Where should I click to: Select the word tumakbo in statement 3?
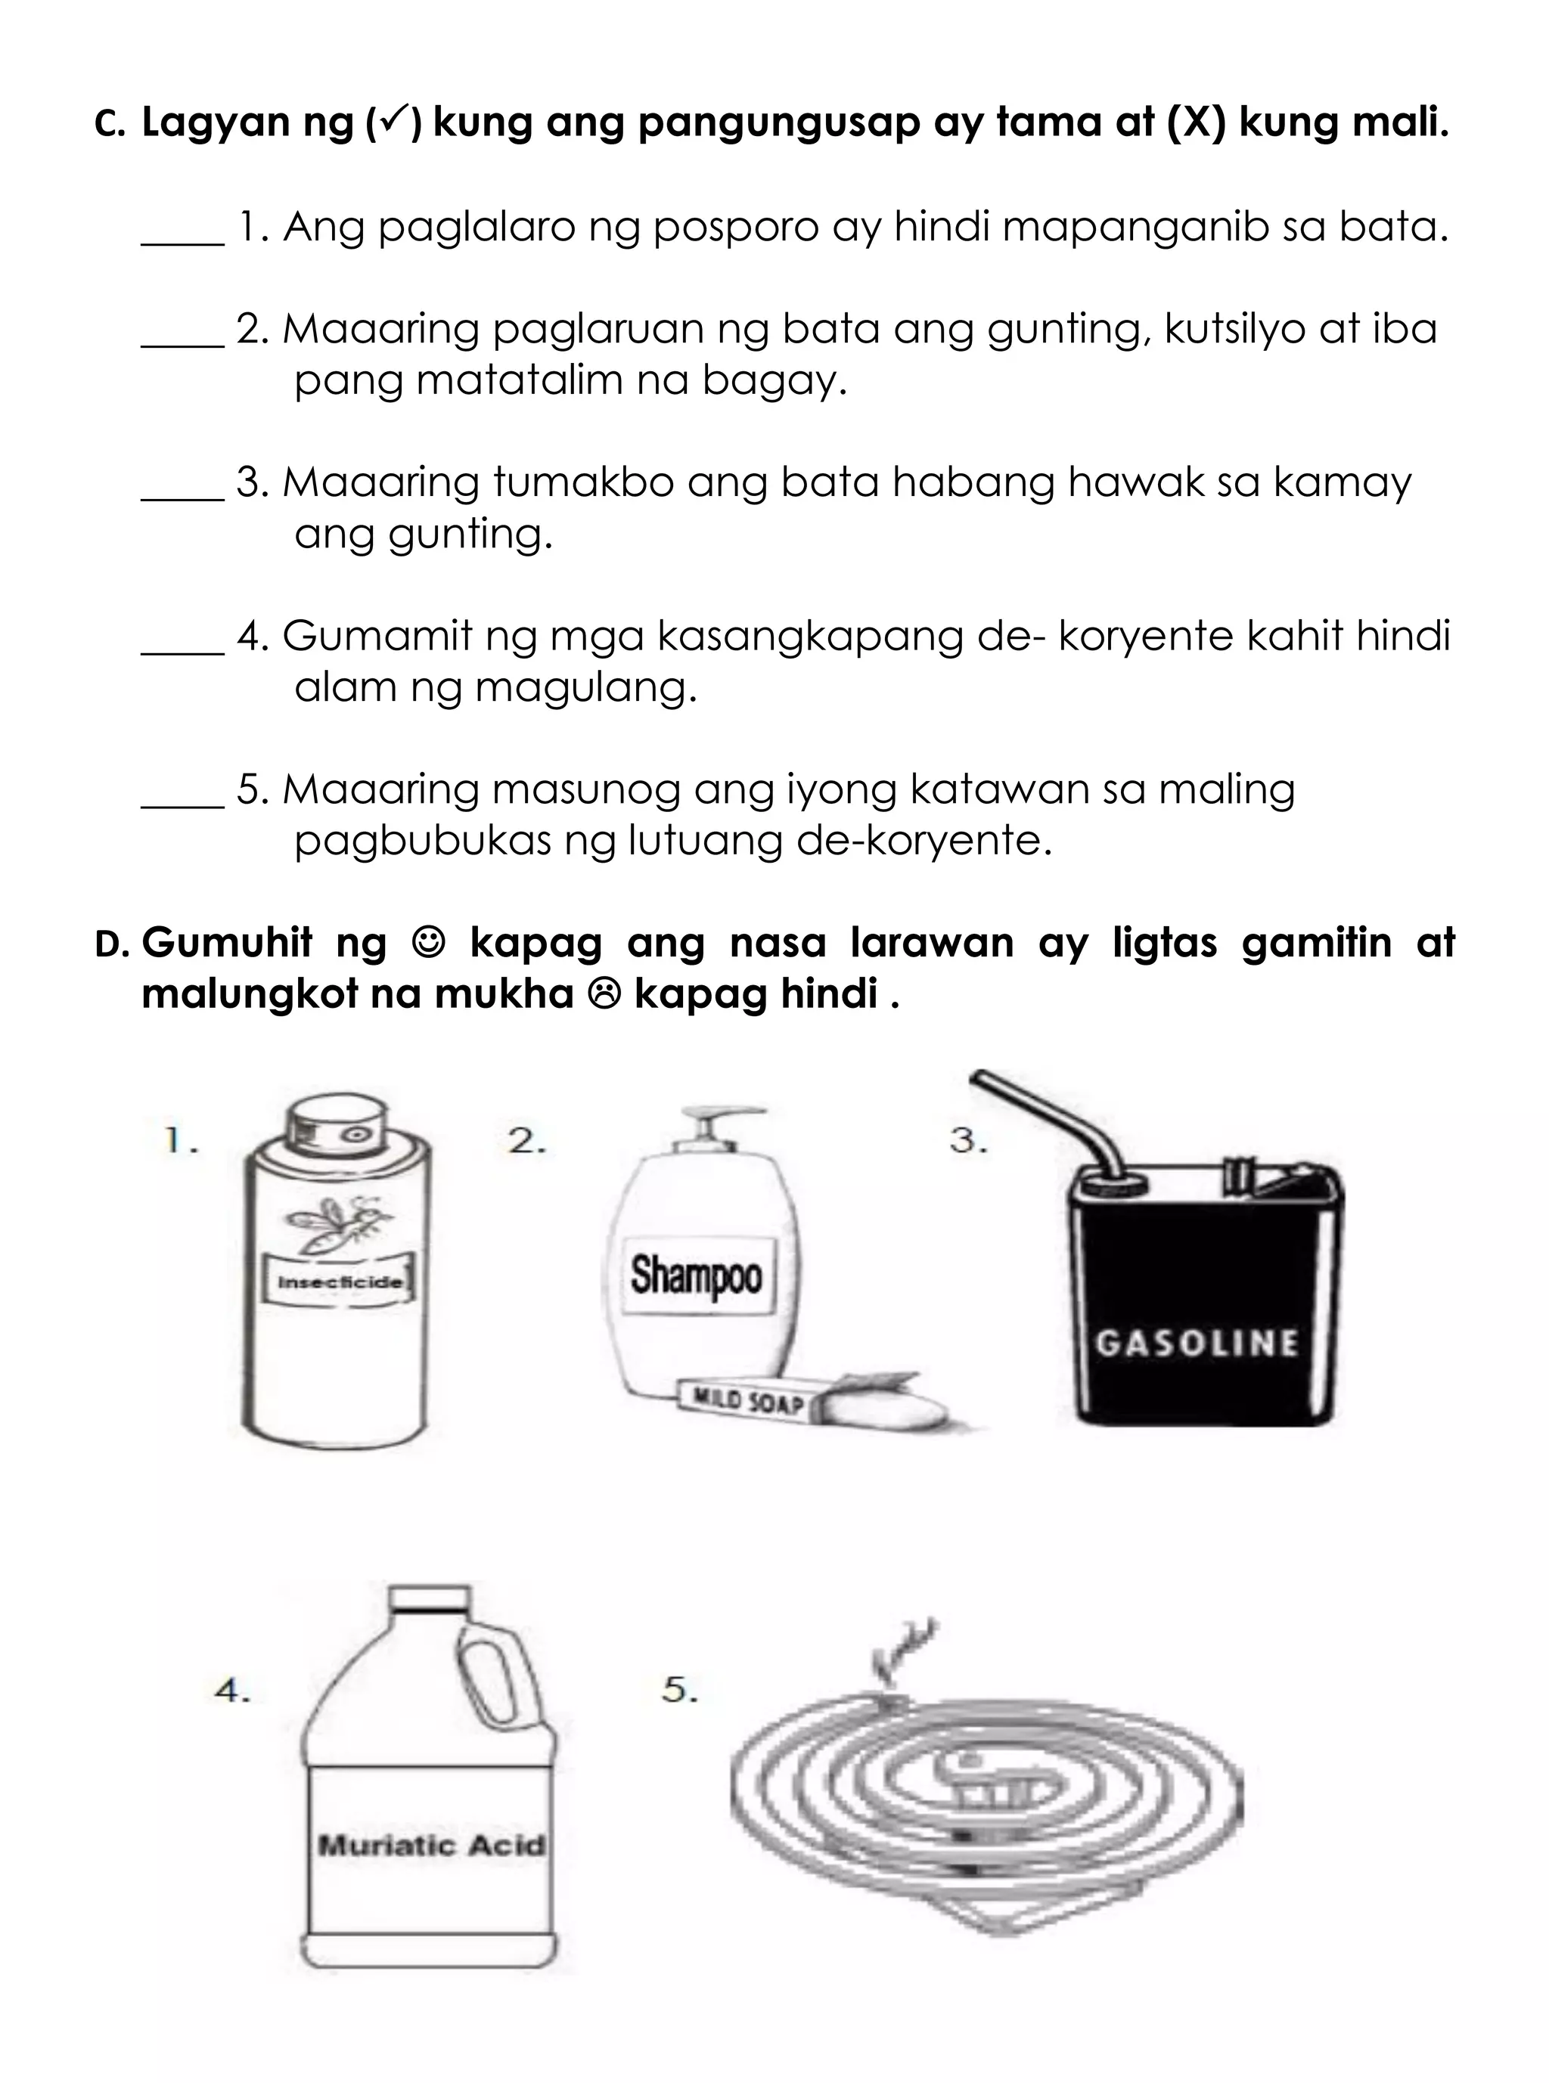pyautogui.click(x=582, y=483)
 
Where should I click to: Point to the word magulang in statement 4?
pyautogui.click(x=587, y=689)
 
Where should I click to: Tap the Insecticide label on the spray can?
pyautogui.click(x=339, y=1281)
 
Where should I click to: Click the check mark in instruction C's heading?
pyautogui.click(x=393, y=120)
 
